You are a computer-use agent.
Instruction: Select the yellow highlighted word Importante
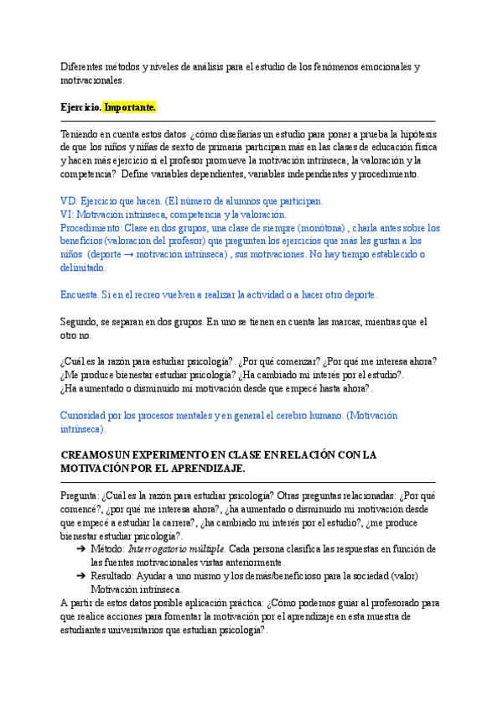[x=130, y=108]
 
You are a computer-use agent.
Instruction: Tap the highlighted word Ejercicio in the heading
[x=81, y=108]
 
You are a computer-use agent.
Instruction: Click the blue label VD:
[x=70, y=201]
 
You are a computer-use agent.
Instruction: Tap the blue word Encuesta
[x=80, y=295]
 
